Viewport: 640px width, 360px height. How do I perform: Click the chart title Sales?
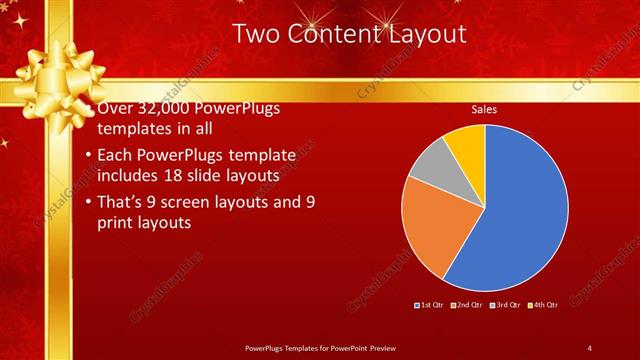pos(484,109)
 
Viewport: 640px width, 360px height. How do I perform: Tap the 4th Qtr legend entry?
pos(544,304)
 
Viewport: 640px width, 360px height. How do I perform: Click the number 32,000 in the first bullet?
pos(163,109)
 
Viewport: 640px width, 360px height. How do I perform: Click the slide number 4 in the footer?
pos(589,348)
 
